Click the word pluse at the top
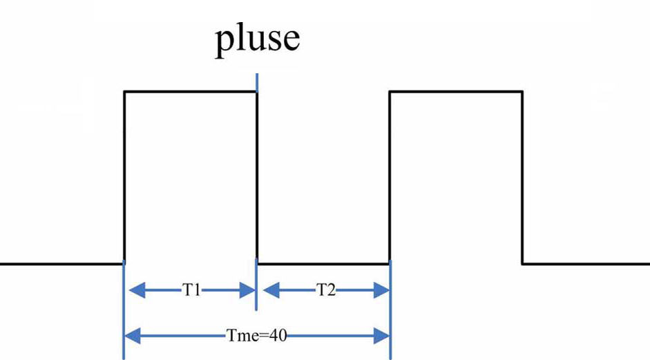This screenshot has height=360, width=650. [257, 39]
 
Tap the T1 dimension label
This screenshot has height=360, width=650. [191, 290]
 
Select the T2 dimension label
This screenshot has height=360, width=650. [325, 290]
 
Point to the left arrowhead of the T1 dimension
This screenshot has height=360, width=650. [132, 290]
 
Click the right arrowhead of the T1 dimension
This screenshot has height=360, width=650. [248, 290]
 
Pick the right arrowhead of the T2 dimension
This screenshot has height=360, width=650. [382, 290]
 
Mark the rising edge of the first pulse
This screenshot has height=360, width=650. [124, 176]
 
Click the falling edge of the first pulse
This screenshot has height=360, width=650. [257, 176]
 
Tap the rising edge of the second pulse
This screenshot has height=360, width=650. [390, 176]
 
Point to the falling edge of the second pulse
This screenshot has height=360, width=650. [522, 176]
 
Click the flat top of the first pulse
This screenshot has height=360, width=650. [190, 91]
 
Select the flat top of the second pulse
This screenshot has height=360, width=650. [456, 91]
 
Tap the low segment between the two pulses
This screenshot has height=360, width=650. [323, 263]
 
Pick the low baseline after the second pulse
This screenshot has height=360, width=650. [586, 263]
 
